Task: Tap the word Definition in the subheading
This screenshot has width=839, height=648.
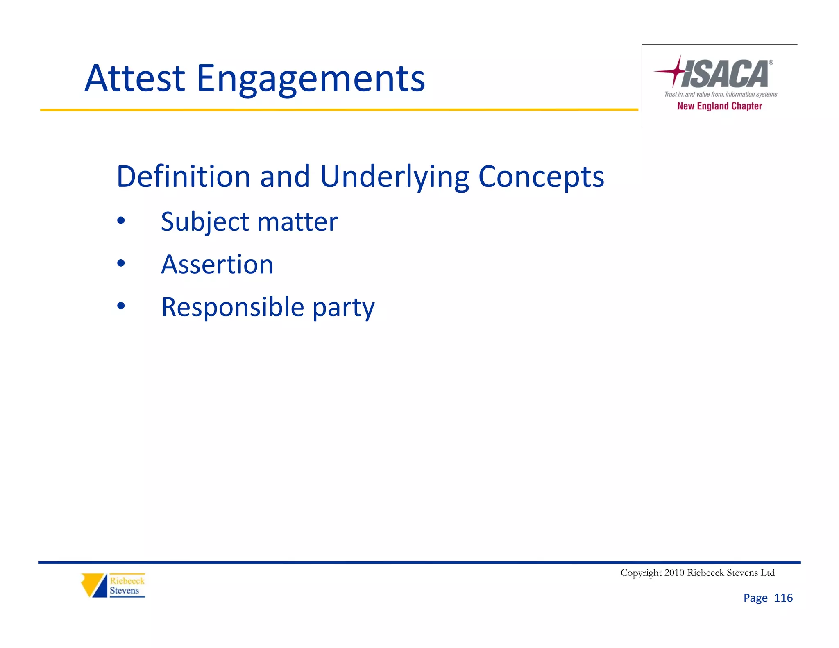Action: pos(183,177)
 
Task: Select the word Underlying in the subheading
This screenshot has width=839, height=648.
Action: pos(394,177)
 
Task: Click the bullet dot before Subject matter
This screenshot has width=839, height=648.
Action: pos(121,221)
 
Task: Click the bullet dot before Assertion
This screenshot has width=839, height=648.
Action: pos(121,263)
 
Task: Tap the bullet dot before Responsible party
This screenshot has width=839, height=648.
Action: pos(121,306)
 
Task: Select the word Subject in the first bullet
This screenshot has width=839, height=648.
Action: pos(205,222)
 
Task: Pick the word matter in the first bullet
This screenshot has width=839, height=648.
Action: pos(297,222)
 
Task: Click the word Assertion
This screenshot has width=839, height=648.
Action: pos(217,264)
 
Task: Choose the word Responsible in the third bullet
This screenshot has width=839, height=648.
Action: pos(233,307)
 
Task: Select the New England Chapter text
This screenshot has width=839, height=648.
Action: pos(719,106)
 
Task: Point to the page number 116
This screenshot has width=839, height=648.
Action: pos(783,598)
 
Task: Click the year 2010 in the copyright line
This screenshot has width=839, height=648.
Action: pos(674,573)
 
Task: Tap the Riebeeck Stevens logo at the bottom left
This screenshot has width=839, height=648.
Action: pos(113,585)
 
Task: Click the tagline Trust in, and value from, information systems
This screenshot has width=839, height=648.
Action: pos(721,94)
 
